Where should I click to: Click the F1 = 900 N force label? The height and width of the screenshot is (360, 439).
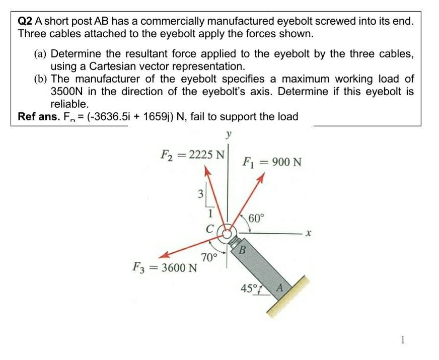[x=272, y=162]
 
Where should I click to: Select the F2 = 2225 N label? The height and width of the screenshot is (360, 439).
[x=191, y=153]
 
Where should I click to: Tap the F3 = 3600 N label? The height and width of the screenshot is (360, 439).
[x=164, y=267]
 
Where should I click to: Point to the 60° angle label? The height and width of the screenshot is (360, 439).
[x=256, y=219]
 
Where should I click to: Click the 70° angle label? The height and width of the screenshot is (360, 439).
[x=208, y=258]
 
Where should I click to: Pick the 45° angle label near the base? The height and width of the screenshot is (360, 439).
[x=249, y=289]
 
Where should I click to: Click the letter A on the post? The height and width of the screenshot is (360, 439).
[x=281, y=288]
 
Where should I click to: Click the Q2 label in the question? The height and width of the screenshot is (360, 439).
[x=25, y=22]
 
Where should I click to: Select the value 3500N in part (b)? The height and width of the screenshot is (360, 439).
[x=66, y=92]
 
